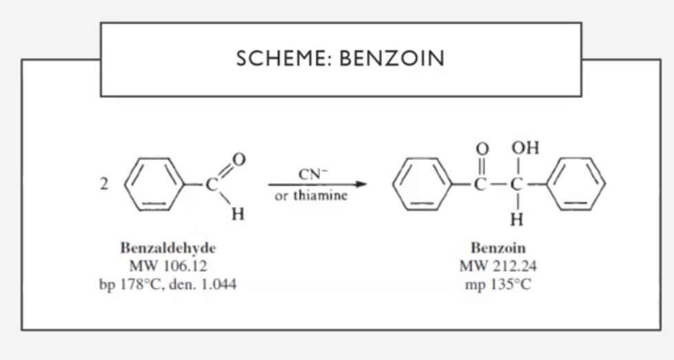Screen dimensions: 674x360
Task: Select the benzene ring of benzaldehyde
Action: pos(152,185)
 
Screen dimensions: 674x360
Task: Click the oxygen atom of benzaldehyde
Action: pos(238,159)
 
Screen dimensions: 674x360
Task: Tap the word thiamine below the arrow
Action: pos(320,195)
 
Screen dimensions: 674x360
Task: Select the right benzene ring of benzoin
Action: pos(580,185)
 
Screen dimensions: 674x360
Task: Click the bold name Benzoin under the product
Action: pos(498,248)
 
